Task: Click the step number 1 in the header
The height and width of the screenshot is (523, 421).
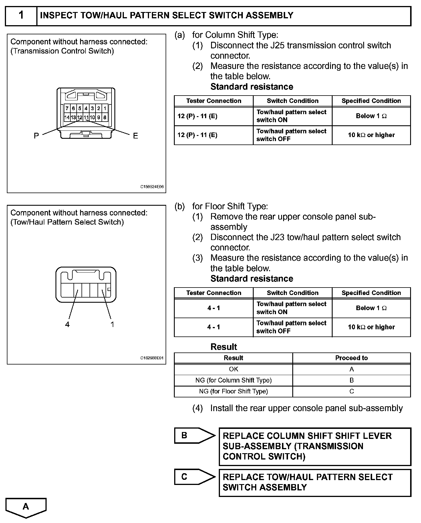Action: tap(21, 15)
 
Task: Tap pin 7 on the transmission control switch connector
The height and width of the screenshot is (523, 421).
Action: tap(67, 108)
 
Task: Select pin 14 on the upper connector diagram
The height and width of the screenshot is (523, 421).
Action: tap(67, 117)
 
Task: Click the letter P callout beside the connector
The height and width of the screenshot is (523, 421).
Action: tap(36, 136)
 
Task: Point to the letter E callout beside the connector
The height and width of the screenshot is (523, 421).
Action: tap(135, 136)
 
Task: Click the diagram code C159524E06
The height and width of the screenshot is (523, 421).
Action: tap(152, 187)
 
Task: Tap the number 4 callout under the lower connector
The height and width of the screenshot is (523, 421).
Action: tap(67, 324)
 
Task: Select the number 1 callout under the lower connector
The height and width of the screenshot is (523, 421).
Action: tap(112, 324)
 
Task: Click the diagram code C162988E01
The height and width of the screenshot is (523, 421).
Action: tap(152, 358)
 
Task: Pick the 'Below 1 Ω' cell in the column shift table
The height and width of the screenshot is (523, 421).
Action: tap(371, 116)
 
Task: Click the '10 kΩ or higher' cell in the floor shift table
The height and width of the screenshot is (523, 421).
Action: tap(371, 327)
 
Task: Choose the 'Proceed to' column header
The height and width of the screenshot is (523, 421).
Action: tap(351, 358)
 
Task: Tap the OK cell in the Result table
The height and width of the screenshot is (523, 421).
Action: tap(233, 369)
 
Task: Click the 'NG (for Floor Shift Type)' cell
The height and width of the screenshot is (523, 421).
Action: tap(233, 391)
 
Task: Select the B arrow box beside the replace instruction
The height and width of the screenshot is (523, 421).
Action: tap(194, 435)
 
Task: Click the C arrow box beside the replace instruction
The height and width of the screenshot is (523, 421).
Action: tap(194, 477)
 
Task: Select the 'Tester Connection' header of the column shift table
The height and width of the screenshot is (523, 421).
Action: tap(214, 101)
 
